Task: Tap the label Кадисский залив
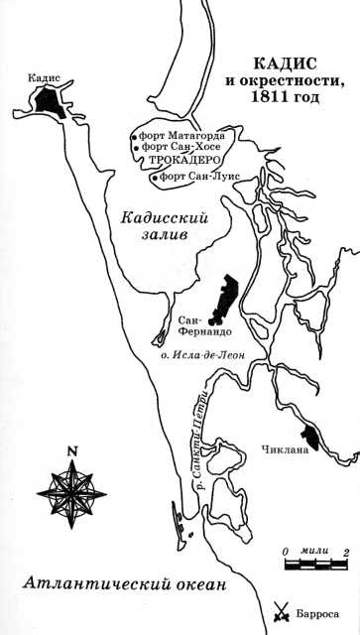click(x=165, y=229)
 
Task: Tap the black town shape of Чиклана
click(x=308, y=434)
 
